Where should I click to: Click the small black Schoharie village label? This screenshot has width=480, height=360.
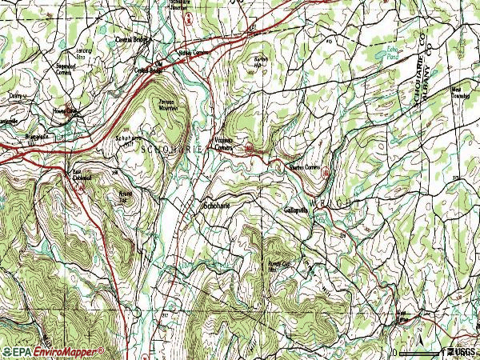pos(215,206)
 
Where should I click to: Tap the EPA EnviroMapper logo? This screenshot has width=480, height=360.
pos(53,351)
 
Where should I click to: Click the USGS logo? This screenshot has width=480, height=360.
pos(462,351)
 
